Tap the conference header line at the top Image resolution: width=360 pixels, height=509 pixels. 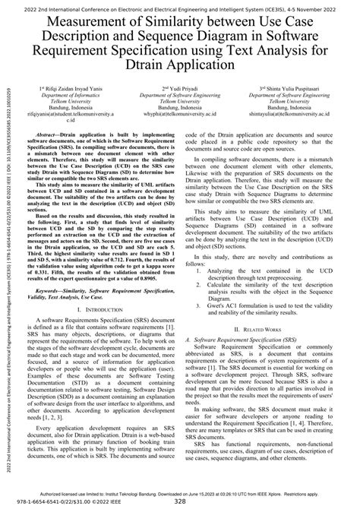[x=180, y=5]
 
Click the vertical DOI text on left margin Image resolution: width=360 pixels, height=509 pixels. [x=5, y=251]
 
